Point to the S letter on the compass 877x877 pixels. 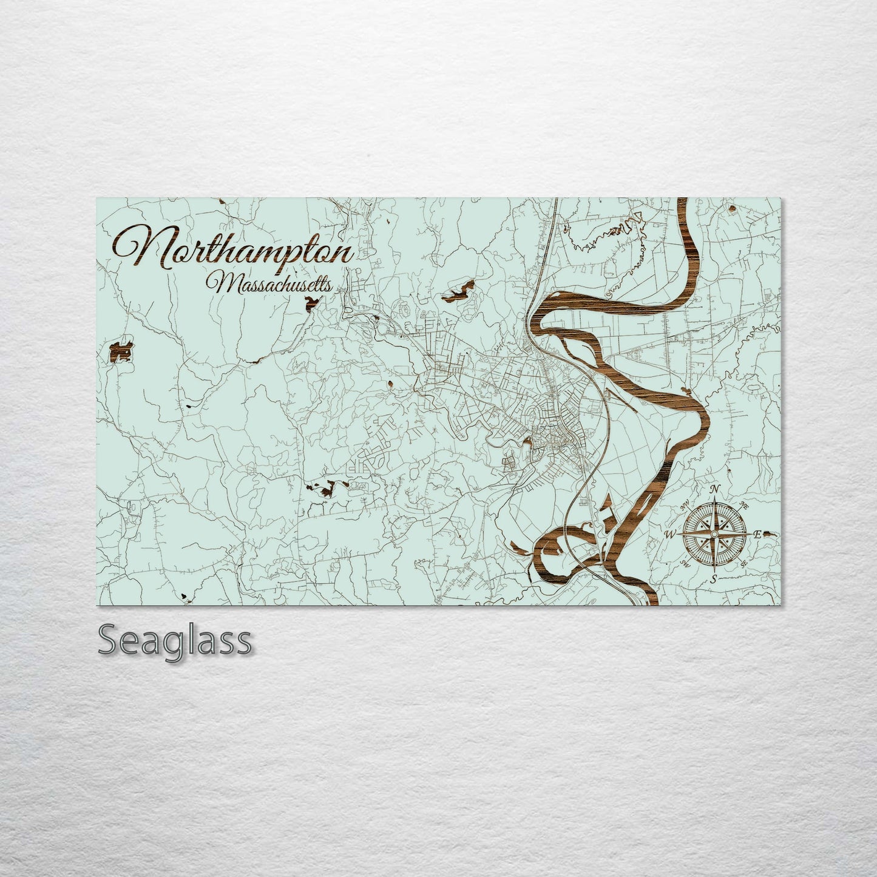pos(714,578)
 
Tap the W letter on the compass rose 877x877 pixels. pos(671,535)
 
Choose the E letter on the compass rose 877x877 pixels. pos(757,534)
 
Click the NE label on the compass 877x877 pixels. pos(744,506)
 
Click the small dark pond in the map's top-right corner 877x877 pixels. pos(732,209)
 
